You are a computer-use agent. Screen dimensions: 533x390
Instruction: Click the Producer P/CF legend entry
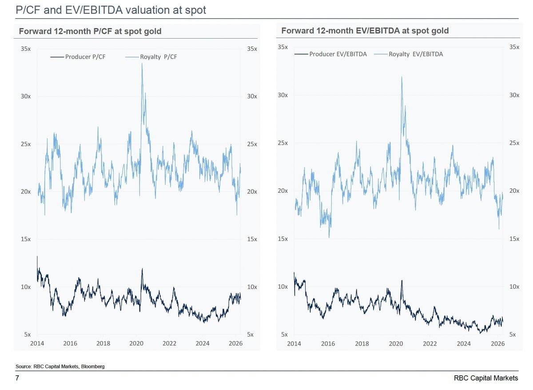click(78, 57)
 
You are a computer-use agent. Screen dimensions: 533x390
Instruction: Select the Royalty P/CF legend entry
click(151, 57)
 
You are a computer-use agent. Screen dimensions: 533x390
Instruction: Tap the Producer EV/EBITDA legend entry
click(330, 54)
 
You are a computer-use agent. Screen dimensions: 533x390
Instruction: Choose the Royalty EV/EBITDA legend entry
click(408, 54)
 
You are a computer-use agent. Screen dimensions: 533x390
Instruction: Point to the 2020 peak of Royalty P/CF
click(142, 63)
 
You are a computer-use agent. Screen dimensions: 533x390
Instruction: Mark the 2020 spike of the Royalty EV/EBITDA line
click(402, 77)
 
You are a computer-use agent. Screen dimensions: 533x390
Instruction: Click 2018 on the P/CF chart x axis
click(103, 343)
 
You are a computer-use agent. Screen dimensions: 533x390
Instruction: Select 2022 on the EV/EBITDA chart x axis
click(430, 344)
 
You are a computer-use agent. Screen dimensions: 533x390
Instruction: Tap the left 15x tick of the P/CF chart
click(26, 239)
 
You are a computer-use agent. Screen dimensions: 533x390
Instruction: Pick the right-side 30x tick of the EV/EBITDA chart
click(514, 95)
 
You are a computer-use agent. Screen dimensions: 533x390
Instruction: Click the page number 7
click(17, 378)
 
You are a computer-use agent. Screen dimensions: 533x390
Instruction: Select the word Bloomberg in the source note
click(93, 366)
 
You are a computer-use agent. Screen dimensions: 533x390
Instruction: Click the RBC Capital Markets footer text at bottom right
click(486, 378)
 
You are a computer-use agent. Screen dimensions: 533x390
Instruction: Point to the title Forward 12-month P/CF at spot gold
click(90, 31)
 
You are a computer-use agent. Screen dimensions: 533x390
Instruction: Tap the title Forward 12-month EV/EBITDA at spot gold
click(365, 31)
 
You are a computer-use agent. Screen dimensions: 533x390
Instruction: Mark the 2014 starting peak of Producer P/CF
click(37, 256)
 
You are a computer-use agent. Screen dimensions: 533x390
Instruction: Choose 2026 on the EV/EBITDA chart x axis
click(498, 344)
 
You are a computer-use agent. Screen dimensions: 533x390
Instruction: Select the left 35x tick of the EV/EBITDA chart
click(282, 47)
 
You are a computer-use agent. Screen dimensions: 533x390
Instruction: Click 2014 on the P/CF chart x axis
click(37, 343)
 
